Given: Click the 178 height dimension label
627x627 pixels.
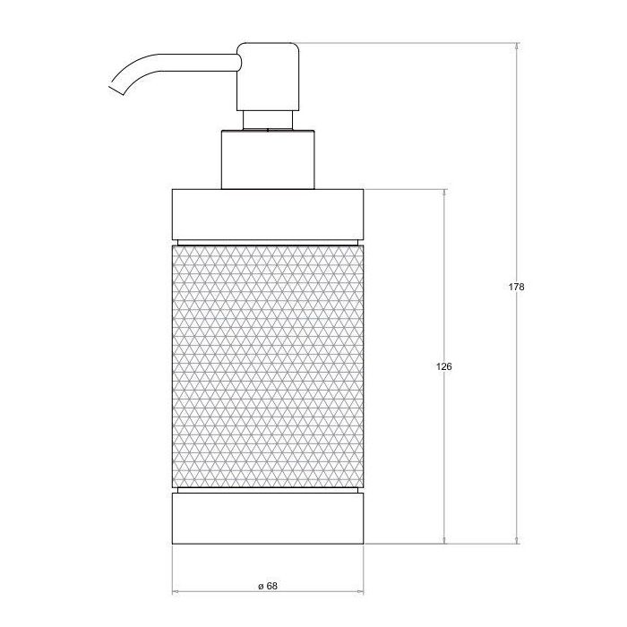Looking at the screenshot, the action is click(516, 287).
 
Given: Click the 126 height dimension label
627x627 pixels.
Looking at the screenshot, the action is click(444, 366).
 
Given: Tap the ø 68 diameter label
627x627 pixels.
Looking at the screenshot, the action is click(268, 586).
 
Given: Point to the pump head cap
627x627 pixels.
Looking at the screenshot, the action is click(268, 76).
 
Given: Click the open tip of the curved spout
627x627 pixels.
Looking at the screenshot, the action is click(116, 90).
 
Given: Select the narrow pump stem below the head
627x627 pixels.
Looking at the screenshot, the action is click(268, 120).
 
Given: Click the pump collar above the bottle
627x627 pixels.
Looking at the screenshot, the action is click(268, 159).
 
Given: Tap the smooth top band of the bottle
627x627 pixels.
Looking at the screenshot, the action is click(268, 215).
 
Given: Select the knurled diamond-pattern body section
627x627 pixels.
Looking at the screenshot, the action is click(268, 366).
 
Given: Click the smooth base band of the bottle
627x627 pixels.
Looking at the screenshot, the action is click(268, 519).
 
